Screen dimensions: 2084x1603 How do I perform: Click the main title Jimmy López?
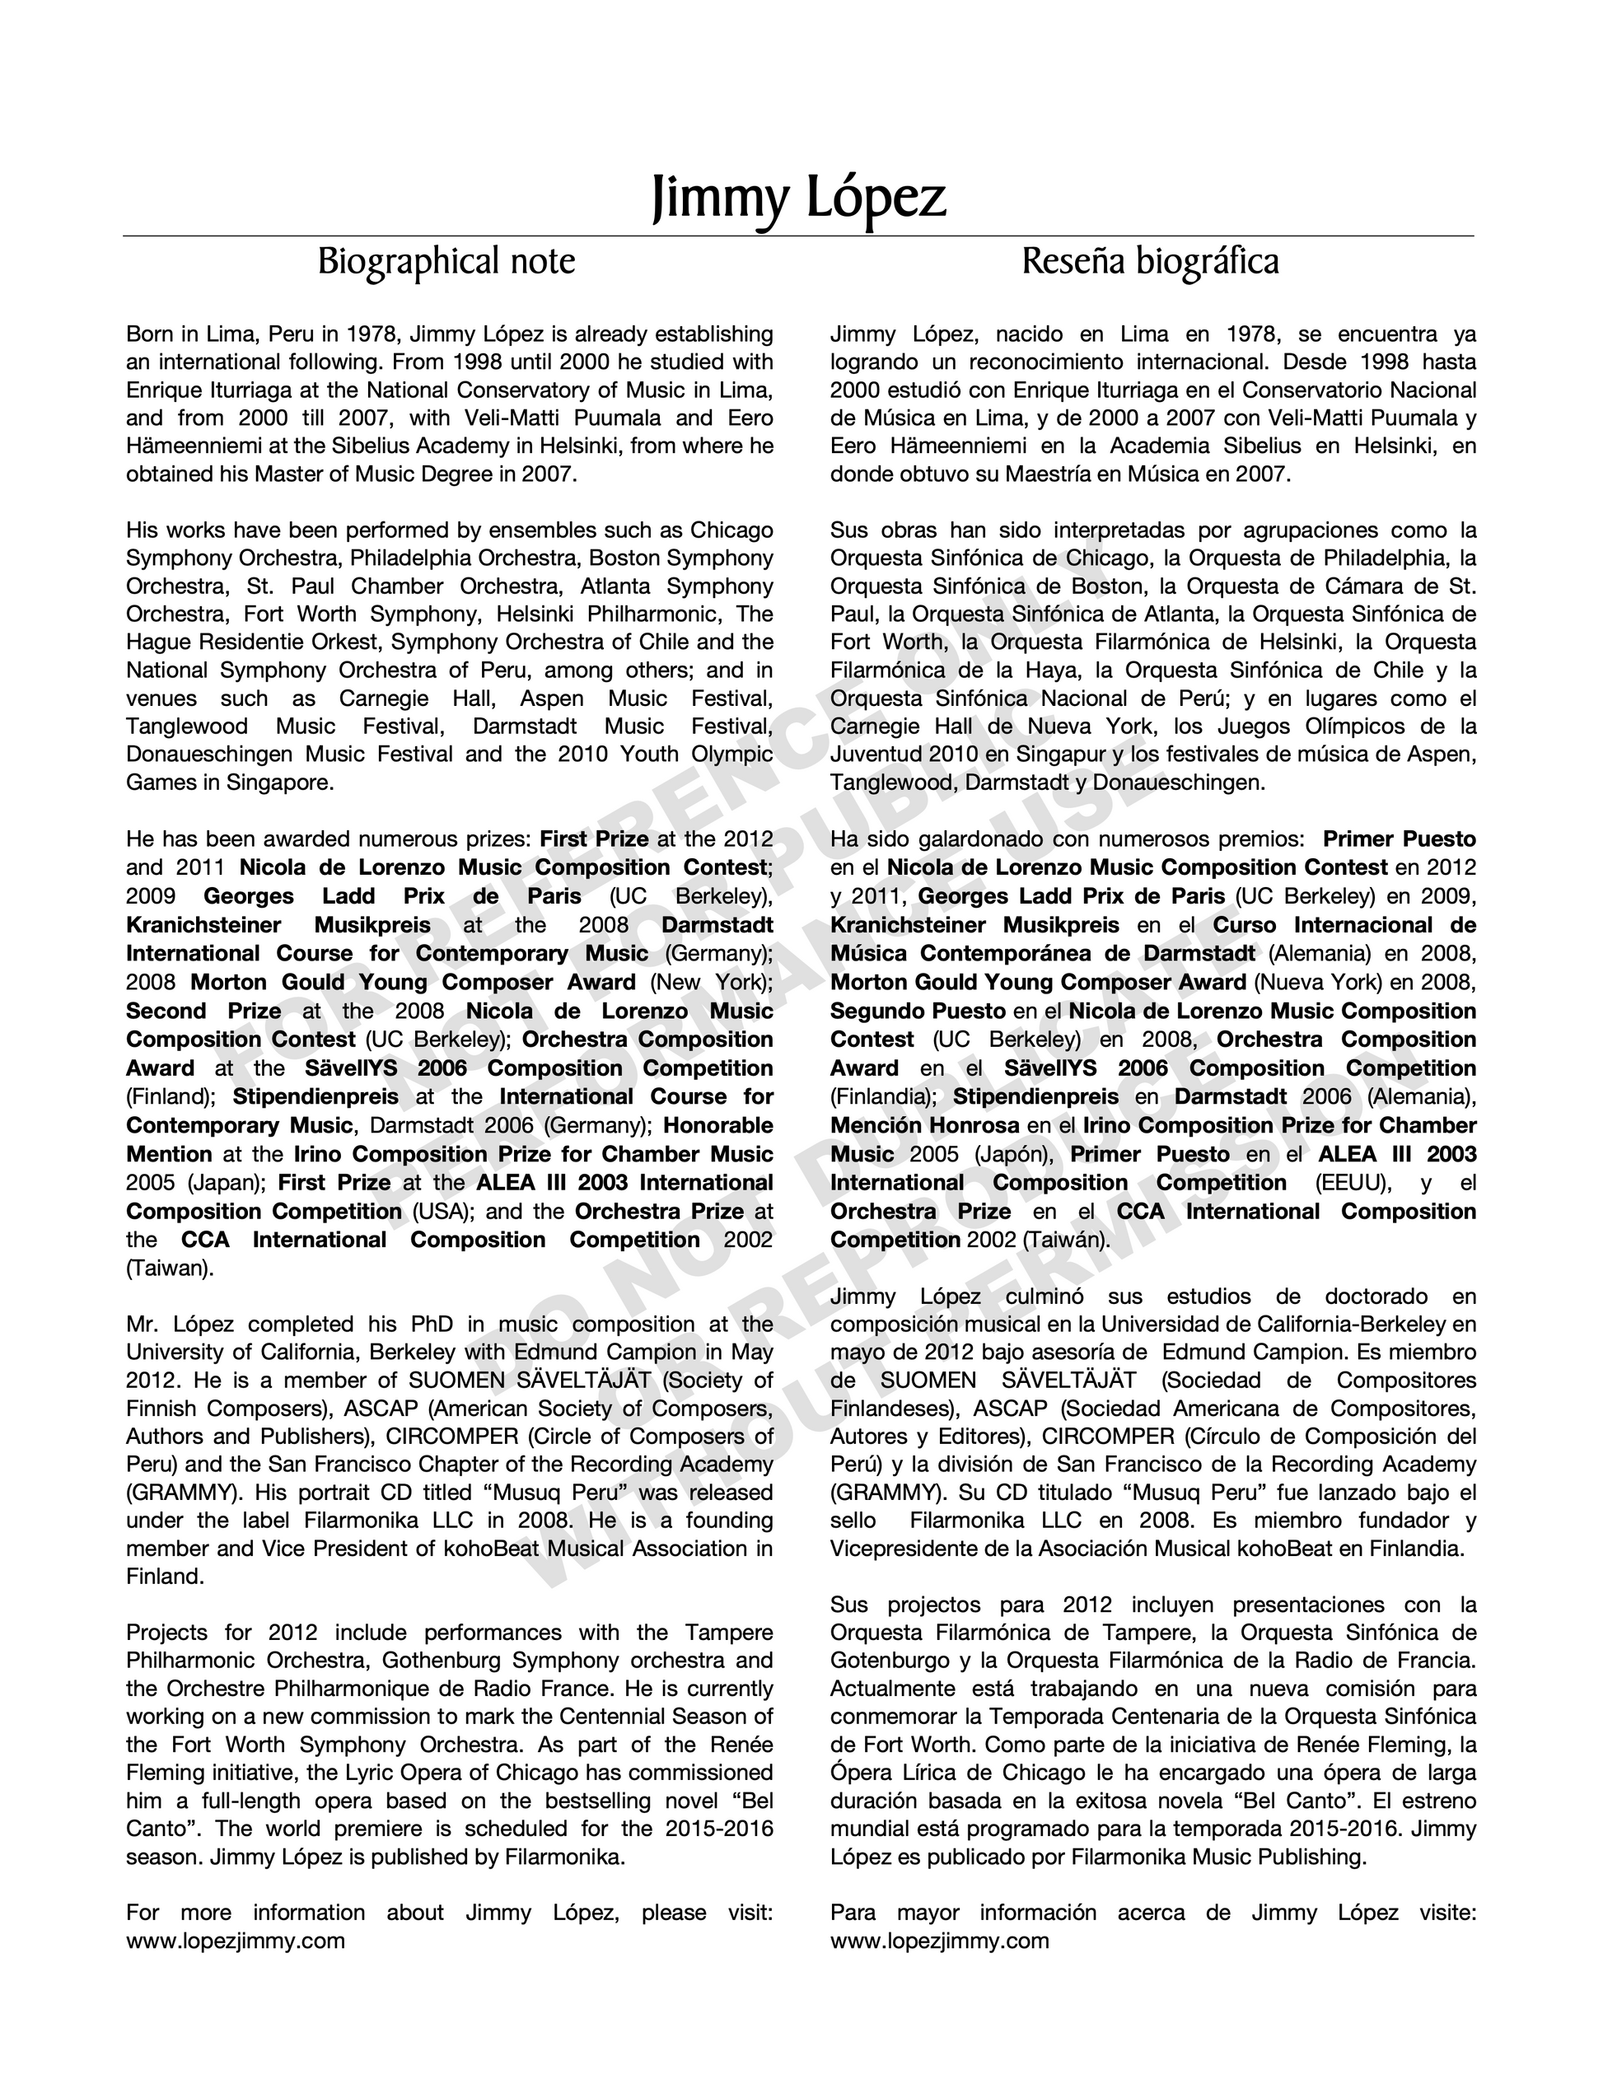point(799,198)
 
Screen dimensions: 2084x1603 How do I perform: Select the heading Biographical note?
point(446,261)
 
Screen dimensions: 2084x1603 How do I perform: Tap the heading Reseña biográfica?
point(1150,261)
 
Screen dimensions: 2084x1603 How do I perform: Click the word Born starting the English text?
point(150,335)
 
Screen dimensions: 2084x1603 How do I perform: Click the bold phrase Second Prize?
point(203,1012)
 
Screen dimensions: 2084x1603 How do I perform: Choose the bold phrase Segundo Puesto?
point(918,1012)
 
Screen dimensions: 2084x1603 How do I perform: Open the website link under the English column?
point(236,1941)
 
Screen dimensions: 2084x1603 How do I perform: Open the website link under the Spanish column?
point(940,1941)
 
